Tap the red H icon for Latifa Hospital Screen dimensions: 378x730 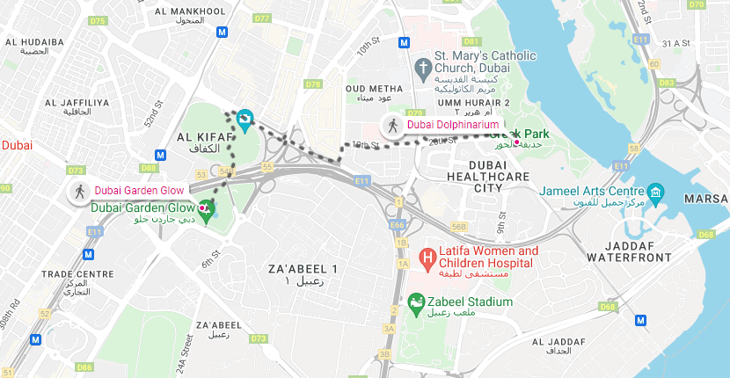pos(427,258)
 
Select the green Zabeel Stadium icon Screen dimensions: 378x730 pos(414,303)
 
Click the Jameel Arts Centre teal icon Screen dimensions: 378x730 pos(655,192)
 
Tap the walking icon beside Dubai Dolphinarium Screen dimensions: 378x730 pos(392,125)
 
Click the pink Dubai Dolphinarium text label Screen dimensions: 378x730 pos(447,125)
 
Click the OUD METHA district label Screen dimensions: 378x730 pos(375,89)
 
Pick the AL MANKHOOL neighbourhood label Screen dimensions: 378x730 pos(187,11)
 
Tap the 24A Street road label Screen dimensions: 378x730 pos(185,352)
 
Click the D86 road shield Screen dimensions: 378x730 pos(84,367)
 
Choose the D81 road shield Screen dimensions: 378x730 pos(471,41)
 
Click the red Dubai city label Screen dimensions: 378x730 pos(16,145)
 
